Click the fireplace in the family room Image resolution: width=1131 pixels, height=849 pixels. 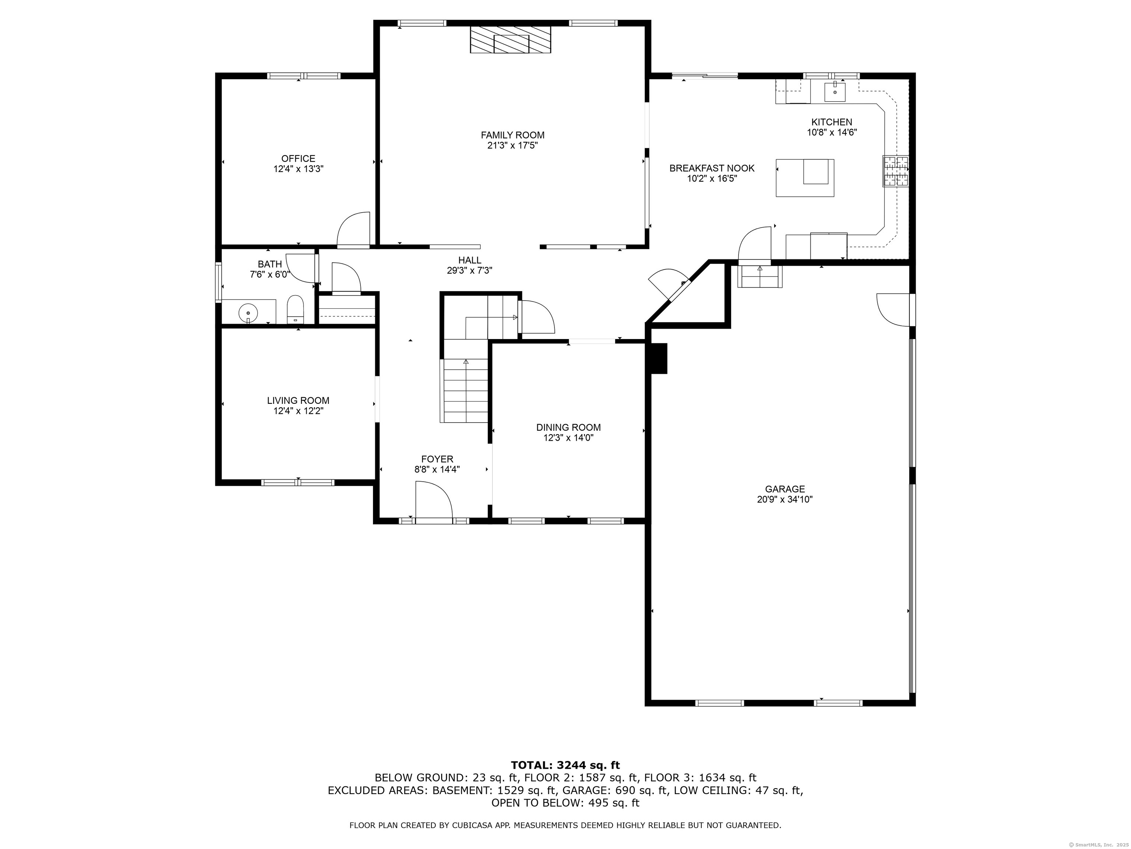(510, 40)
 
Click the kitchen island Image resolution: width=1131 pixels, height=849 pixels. (805, 178)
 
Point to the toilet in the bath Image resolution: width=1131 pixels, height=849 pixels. (295, 310)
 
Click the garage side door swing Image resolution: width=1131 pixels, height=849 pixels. (894, 309)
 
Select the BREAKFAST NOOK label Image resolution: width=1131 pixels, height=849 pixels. (712, 168)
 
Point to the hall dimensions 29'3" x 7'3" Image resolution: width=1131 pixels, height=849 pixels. (469, 271)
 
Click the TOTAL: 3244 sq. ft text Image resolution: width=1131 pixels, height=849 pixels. (565, 765)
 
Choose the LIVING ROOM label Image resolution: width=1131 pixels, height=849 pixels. (298, 401)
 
